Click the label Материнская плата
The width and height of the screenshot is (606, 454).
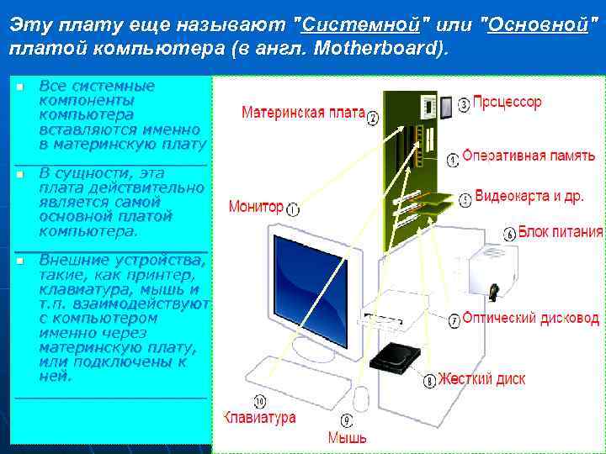(303, 113)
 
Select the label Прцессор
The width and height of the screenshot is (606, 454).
(508, 103)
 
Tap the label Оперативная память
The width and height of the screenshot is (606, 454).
(529, 156)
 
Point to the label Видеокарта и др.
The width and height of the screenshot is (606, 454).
(529, 197)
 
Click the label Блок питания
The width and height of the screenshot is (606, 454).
(560, 231)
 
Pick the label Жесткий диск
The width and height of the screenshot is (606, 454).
(482, 379)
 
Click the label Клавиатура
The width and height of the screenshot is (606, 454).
(259, 417)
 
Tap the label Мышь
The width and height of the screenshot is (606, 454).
(347, 437)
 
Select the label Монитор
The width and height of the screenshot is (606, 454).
(256, 207)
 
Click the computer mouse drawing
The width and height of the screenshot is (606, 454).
(362, 398)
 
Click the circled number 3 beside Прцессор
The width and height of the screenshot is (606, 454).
(465, 104)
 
